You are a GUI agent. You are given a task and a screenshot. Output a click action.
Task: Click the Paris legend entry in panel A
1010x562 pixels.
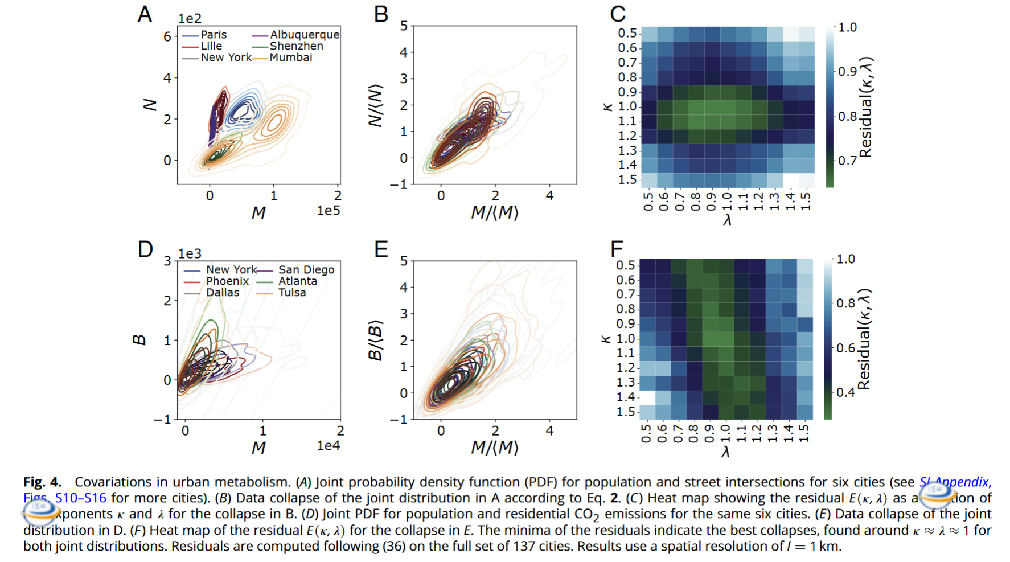point(214,35)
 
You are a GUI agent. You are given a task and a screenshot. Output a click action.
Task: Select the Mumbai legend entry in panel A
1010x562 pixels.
point(291,58)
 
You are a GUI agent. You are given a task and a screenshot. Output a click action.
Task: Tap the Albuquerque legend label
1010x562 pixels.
point(305,35)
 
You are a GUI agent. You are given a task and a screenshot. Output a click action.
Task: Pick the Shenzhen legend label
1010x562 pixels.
point(296,46)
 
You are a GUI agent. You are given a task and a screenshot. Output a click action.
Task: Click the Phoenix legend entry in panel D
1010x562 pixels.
point(227,281)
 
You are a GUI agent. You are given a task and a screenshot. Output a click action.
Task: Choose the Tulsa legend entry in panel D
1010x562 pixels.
point(292,293)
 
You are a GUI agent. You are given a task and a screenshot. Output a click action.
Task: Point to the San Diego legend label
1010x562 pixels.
point(306,270)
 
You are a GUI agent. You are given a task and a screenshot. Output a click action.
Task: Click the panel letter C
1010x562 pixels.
point(618,14)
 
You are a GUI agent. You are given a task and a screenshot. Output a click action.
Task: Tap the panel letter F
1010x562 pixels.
point(617,249)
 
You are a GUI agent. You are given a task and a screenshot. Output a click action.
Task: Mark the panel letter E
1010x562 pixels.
point(381,249)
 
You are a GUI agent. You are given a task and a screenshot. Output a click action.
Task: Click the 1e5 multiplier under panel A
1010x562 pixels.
point(329,211)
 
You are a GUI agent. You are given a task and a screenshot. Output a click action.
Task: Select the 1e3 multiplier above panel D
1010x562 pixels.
point(190,253)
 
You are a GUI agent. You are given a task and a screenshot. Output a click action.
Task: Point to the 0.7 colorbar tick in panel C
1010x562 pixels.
point(847,161)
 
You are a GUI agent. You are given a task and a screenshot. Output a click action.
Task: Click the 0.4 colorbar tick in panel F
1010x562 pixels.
point(845,392)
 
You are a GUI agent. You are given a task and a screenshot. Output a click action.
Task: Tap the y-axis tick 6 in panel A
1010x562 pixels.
point(167,37)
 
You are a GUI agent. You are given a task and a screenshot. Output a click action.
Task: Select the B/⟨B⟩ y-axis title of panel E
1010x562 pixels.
point(375,341)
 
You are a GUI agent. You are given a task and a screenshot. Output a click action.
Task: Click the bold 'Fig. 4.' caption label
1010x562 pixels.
point(42,482)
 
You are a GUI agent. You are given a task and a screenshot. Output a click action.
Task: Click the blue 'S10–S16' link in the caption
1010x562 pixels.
point(80,498)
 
